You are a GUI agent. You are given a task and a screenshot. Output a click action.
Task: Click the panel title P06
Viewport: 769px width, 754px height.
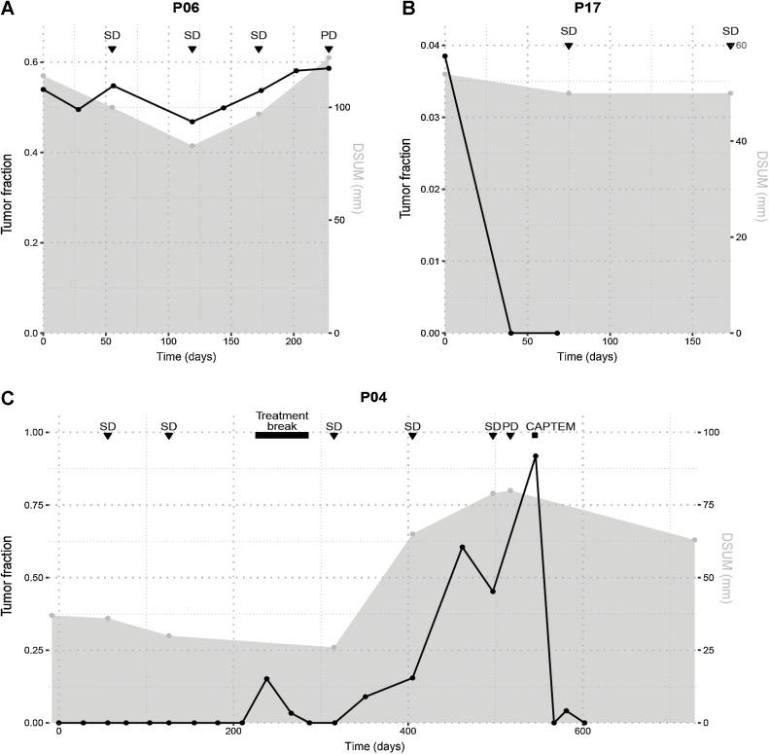coord(186,11)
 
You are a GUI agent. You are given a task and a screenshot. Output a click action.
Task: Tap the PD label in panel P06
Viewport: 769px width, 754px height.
coord(329,36)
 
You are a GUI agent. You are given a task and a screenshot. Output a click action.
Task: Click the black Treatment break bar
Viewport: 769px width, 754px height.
coord(281,435)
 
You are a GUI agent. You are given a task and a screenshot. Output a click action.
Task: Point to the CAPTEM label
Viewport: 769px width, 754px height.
coord(543,425)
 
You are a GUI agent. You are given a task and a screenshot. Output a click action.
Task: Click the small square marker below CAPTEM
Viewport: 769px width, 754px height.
coord(535,435)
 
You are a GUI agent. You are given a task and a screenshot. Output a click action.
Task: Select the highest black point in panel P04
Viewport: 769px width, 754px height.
coord(535,456)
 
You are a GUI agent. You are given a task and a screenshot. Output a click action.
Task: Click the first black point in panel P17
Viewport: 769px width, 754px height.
coord(445,55)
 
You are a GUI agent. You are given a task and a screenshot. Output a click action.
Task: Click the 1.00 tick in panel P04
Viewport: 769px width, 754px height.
coord(34,432)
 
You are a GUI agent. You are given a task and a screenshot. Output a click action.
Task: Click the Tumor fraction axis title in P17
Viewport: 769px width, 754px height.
coord(407,188)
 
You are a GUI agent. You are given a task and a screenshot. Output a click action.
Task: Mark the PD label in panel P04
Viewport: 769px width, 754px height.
coord(509,425)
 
